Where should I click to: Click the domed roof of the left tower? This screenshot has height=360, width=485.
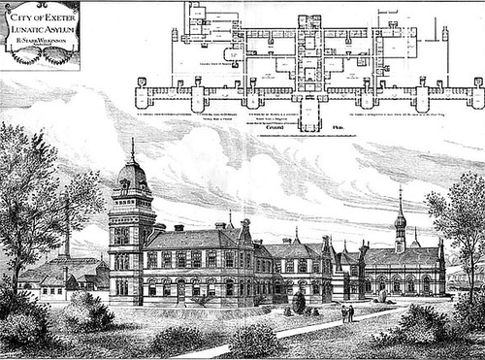click(x=132, y=178)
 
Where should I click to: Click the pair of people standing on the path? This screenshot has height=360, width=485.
click(x=346, y=312)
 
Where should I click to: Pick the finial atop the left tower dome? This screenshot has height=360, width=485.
click(x=133, y=147)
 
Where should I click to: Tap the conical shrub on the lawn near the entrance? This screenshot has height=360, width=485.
click(x=299, y=303)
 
